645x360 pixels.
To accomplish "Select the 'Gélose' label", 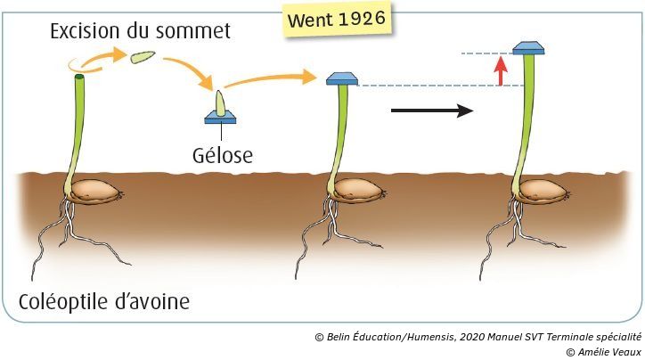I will (223, 155).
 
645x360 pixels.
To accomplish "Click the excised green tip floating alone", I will (143, 58).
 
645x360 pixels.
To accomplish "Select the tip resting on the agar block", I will (220, 100).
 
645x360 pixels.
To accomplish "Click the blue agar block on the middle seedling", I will (341, 78).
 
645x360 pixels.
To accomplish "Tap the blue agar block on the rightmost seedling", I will (528, 47).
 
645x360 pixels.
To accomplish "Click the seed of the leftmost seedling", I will (94, 190).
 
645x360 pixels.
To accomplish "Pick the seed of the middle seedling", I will (353, 190).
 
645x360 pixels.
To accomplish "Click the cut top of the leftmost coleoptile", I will (79, 78).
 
